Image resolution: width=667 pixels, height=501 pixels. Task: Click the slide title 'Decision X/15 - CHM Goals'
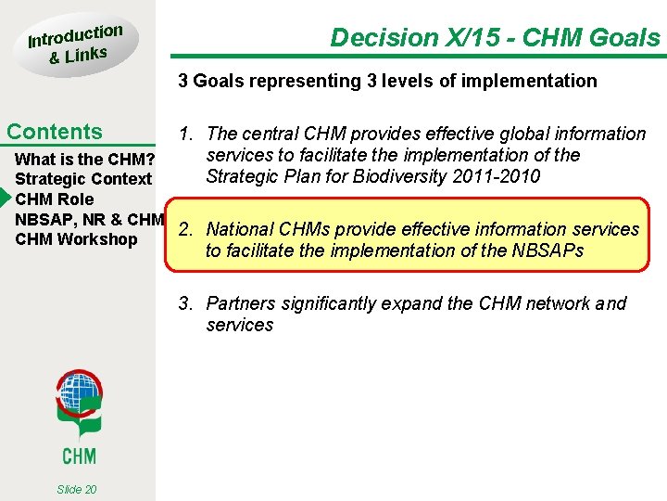495,38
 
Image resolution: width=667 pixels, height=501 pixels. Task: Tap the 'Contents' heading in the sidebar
55,132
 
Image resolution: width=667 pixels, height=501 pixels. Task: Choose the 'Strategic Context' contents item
83,179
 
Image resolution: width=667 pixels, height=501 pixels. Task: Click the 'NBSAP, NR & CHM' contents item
90,220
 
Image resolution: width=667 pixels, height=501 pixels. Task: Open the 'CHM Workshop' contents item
76,239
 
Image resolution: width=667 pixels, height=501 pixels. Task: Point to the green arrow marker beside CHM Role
6,199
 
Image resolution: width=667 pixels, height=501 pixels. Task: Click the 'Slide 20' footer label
76,489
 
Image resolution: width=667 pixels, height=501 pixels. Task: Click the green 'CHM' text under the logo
79,455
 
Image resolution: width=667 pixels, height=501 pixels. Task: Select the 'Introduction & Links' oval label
74,44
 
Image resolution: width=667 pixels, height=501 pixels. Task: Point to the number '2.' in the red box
185,229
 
